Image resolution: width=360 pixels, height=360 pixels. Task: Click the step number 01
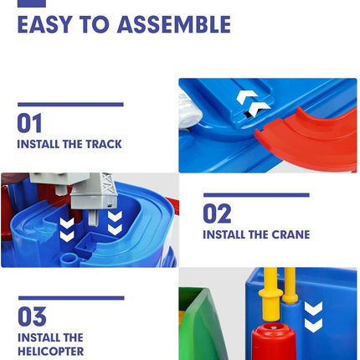click(29, 124)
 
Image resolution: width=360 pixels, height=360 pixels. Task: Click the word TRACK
click(101, 144)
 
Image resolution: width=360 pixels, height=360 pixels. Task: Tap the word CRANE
click(288, 235)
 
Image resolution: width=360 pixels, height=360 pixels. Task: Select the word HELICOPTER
click(50, 352)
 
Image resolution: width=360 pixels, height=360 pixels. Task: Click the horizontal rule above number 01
click(70, 105)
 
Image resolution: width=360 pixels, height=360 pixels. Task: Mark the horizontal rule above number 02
click(256, 195)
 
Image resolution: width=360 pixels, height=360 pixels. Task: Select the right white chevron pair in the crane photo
click(115, 222)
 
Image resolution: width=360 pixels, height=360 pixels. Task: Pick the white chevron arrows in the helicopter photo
click(313, 316)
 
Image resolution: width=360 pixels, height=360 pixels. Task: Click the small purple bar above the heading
click(31, 3)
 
